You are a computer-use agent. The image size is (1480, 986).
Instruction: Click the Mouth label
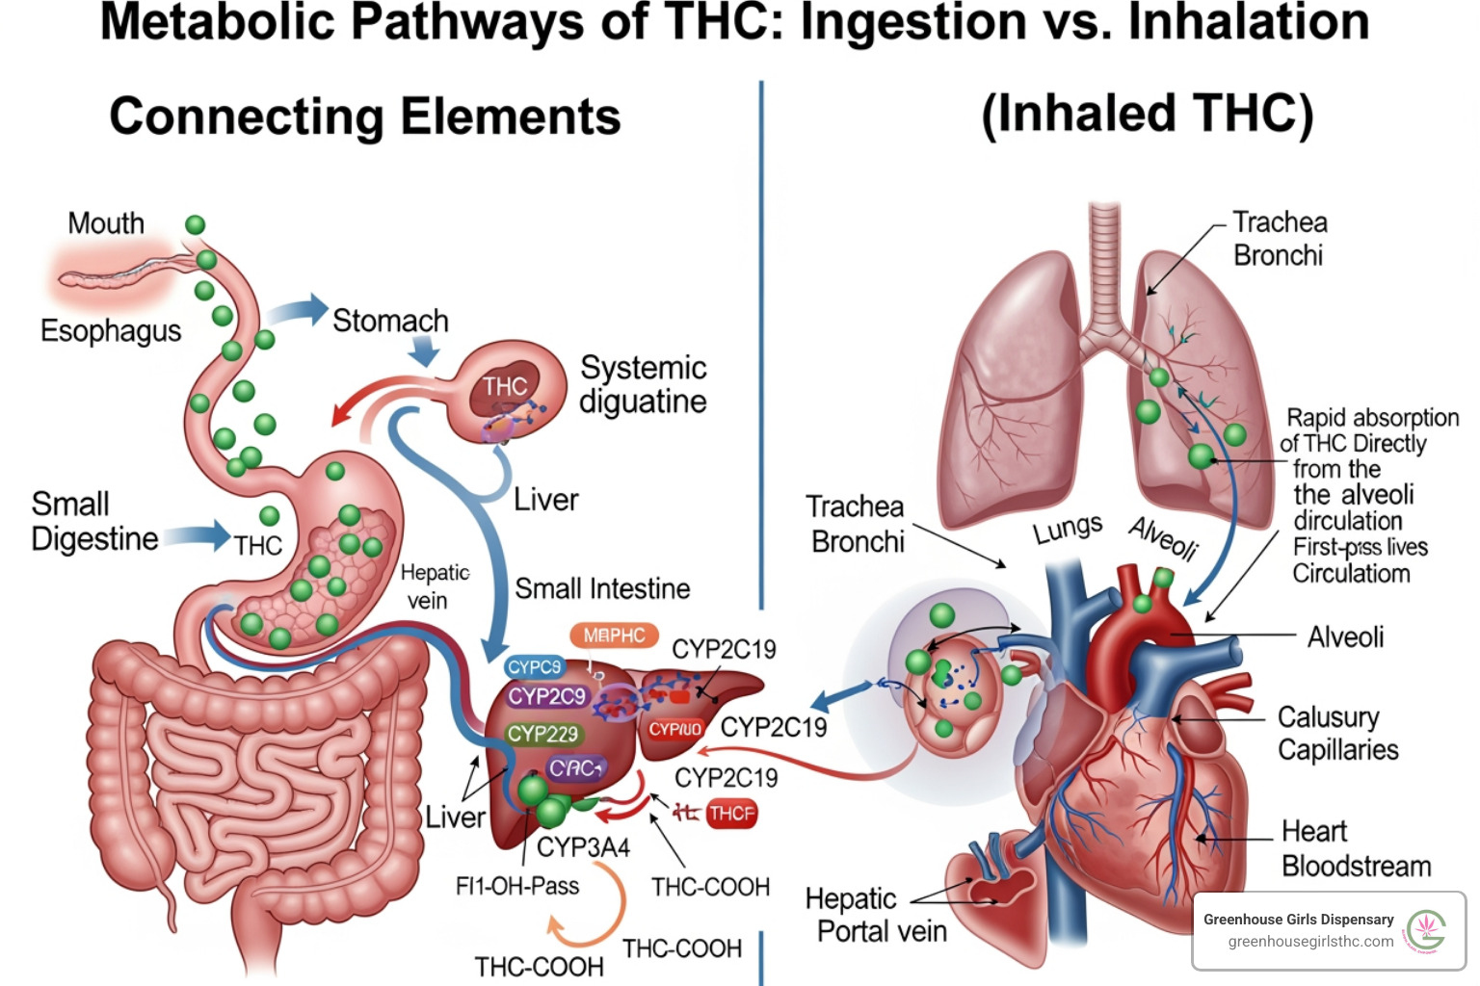pyautogui.click(x=106, y=223)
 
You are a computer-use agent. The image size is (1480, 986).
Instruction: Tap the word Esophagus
pyautogui.click(x=111, y=330)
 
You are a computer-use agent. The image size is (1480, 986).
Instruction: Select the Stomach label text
pyautogui.click(x=390, y=320)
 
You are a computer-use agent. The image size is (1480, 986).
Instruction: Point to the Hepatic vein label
pyautogui.click(x=434, y=586)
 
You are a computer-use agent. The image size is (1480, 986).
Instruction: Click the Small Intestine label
pyautogui.click(x=602, y=588)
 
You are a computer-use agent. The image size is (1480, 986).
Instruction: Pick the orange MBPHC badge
pyautogui.click(x=614, y=636)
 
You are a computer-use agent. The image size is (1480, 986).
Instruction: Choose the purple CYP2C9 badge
pyautogui.click(x=547, y=696)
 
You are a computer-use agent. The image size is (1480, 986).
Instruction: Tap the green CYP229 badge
pyautogui.click(x=542, y=734)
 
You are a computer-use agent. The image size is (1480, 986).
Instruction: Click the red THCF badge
pyautogui.click(x=731, y=814)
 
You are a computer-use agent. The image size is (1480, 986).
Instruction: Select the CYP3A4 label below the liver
pyautogui.click(x=583, y=847)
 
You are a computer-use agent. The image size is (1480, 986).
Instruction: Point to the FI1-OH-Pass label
pyautogui.click(x=517, y=886)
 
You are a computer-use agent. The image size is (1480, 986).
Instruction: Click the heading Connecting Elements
pyautogui.click(x=365, y=117)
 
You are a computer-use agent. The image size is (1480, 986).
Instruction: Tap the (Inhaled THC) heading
pyautogui.click(x=1147, y=114)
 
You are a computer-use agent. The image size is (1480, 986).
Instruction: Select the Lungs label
pyautogui.click(x=1068, y=528)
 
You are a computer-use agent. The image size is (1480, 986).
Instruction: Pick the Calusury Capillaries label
pyautogui.click(x=1337, y=733)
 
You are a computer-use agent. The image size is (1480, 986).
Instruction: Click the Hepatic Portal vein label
pyautogui.click(x=876, y=915)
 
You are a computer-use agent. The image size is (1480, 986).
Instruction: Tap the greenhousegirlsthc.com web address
pyautogui.click(x=1310, y=942)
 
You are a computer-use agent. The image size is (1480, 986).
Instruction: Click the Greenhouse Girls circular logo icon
pyautogui.click(x=1426, y=931)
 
